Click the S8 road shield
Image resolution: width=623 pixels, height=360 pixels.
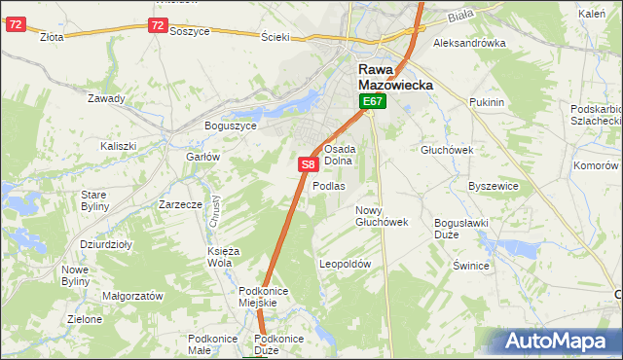point(308,165)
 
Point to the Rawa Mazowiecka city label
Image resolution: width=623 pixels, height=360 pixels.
point(396,77)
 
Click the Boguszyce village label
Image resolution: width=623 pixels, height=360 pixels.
point(230,126)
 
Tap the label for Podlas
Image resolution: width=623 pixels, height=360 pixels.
point(329,186)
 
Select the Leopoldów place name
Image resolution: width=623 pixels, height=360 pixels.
point(346,264)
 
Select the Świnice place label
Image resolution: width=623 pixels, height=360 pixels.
point(470,265)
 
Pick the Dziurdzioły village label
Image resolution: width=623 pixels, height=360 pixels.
point(106,245)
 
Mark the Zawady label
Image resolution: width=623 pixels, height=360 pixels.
point(106,98)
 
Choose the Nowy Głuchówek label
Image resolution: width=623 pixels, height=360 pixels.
point(381,216)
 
